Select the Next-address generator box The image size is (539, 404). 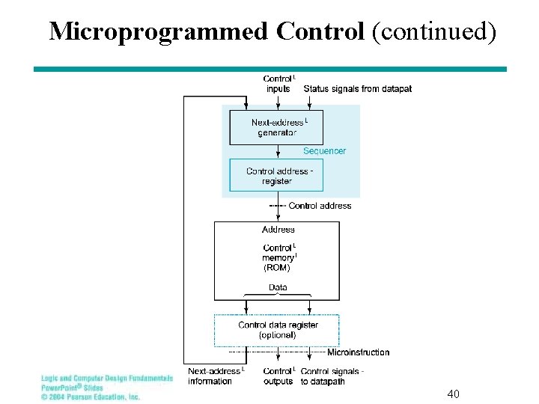(276, 127)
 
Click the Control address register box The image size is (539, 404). (276, 176)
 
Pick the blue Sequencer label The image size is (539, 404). (324, 151)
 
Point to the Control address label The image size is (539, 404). (320, 206)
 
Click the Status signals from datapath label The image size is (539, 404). (357, 89)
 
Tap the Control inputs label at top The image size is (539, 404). (278, 84)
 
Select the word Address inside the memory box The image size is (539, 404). (278, 230)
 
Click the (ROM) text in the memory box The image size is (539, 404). (276, 268)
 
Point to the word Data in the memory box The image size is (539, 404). (277, 287)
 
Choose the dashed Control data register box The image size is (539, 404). (277, 330)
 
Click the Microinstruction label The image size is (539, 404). (358, 352)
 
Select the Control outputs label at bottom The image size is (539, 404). (278, 376)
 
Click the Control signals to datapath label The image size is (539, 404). (332, 376)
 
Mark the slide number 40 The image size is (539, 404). (453, 394)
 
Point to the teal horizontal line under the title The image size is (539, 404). (269, 69)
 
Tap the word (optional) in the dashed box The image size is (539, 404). (277, 335)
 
